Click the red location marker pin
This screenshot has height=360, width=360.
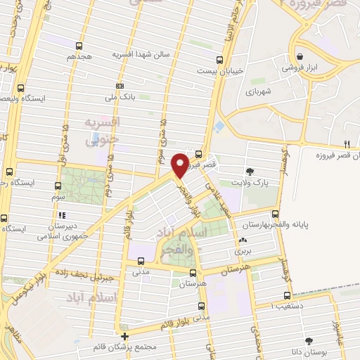(181, 165)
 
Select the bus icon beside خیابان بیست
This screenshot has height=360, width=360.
(220, 60)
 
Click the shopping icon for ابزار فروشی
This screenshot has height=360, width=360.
(300, 56)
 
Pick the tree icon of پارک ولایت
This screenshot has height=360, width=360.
(250, 171)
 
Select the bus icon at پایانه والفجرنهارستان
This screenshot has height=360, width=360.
(275, 214)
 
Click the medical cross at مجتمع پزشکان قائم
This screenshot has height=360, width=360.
(124, 335)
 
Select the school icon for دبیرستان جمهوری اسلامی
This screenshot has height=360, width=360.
(63, 216)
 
